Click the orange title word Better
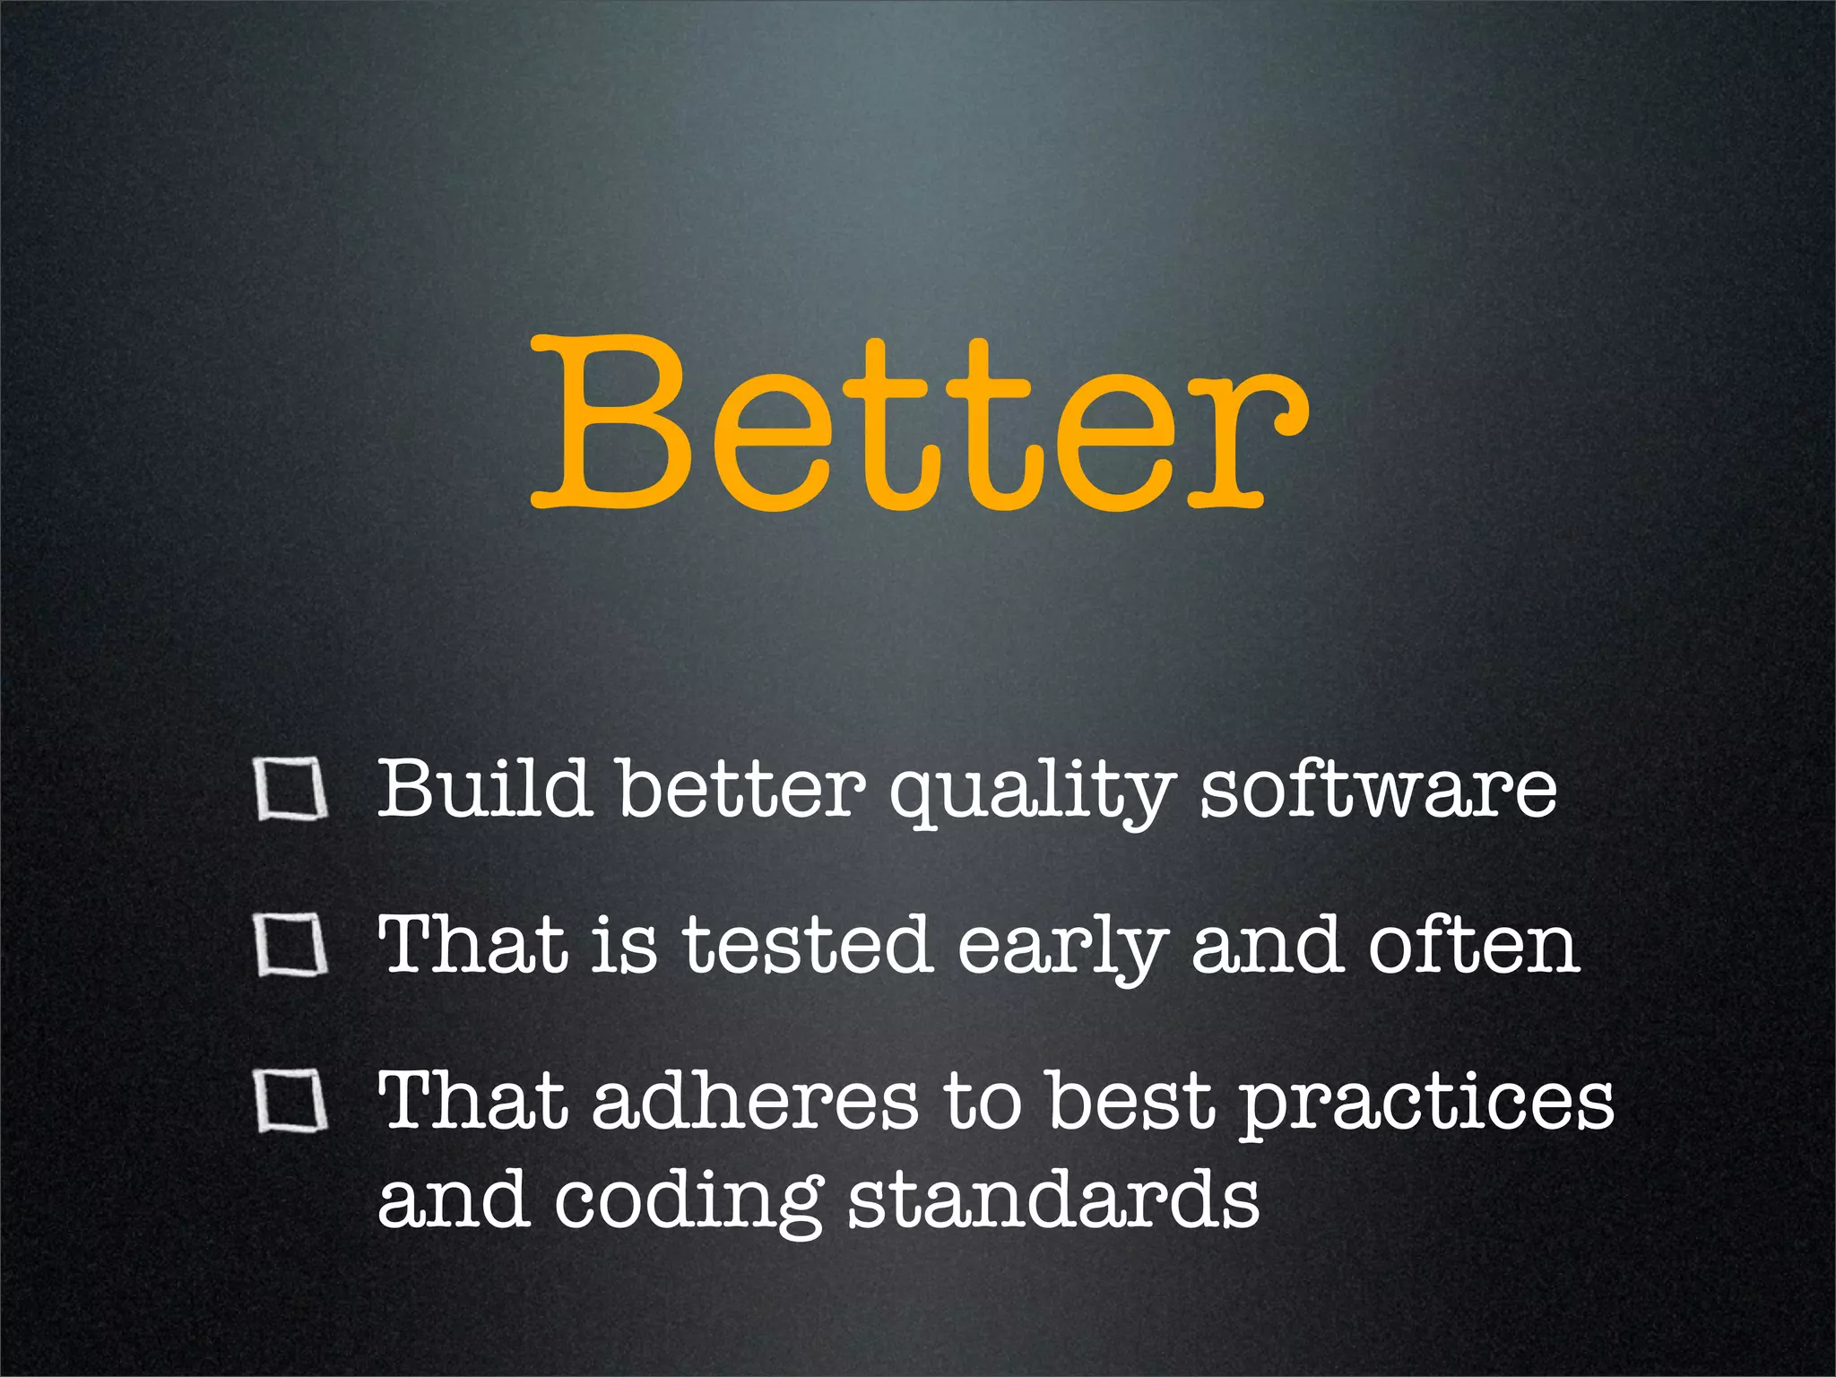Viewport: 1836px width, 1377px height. [x=918, y=421]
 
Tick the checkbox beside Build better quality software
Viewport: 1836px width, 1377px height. [x=290, y=790]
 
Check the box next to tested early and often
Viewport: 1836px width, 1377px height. [x=290, y=945]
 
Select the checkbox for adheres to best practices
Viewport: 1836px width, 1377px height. [x=290, y=1101]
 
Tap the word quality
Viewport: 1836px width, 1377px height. [x=1031, y=793]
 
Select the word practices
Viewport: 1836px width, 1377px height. [x=1426, y=1104]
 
